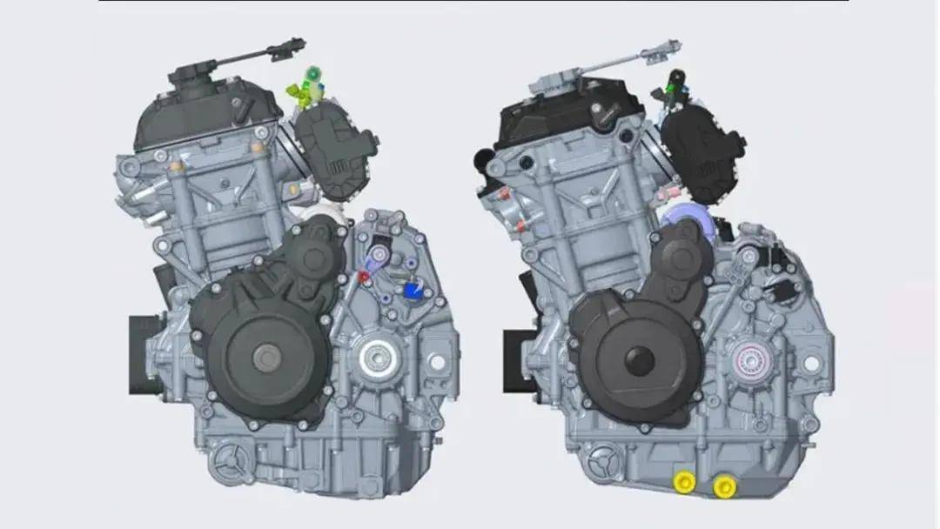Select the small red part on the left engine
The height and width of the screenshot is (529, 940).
pos(365,276)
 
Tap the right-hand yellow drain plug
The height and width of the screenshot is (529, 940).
pos(722,485)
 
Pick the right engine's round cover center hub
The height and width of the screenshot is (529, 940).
pos(640,359)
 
